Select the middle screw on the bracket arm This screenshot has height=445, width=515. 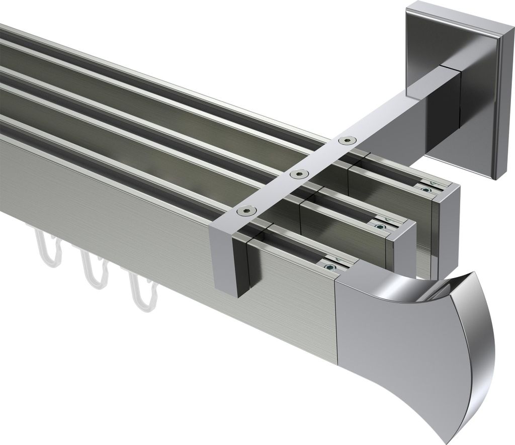click(x=299, y=174)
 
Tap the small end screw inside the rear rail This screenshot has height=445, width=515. click(x=426, y=190)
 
